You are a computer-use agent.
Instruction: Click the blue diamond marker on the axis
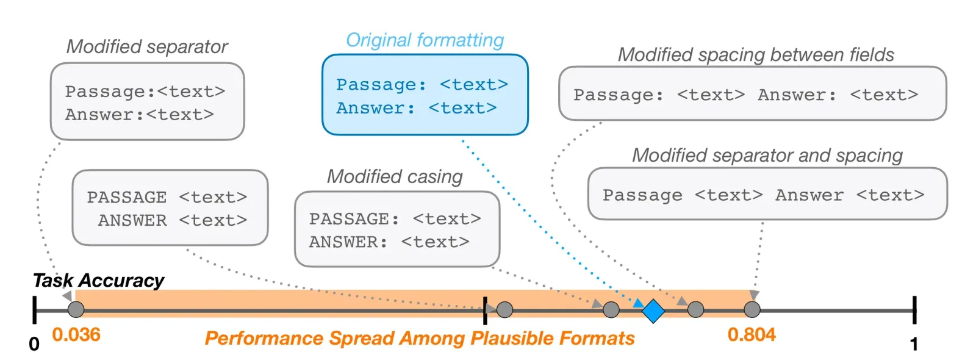pyautogui.click(x=653, y=311)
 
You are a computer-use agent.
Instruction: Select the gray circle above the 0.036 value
pyautogui.click(x=76, y=310)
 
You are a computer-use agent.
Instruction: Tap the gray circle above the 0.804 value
pyautogui.click(x=752, y=310)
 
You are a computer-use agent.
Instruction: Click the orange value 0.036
pyautogui.click(x=76, y=335)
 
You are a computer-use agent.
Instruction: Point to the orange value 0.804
pyautogui.click(x=752, y=335)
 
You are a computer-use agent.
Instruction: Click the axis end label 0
pyautogui.click(x=34, y=344)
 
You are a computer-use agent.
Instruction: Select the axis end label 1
pyautogui.click(x=914, y=344)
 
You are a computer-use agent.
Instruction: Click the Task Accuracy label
pyautogui.click(x=98, y=281)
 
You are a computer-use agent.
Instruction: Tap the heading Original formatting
pyautogui.click(x=425, y=40)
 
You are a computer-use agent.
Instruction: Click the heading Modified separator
pyautogui.click(x=147, y=46)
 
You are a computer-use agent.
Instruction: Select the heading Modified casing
pyautogui.click(x=395, y=176)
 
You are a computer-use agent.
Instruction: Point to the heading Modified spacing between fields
pyautogui.click(x=756, y=55)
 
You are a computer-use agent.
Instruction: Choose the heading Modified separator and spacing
pyautogui.click(x=767, y=156)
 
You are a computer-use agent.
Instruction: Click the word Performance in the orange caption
pyautogui.click(x=264, y=338)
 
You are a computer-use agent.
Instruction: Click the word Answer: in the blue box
pyautogui.click(x=375, y=108)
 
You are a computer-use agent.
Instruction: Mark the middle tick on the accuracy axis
pyautogui.click(x=485, y=311)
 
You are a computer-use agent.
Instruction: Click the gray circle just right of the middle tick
pyautogui.click(x=504, y=310)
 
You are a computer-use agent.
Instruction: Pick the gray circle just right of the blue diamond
pyautogui.click(x=695, y=310)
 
